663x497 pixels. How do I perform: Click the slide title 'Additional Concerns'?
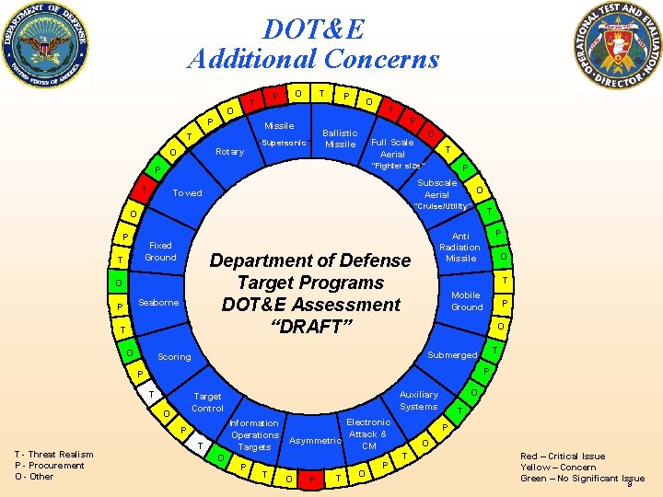coord(313,60)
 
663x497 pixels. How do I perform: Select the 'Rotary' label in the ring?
coord(228,152)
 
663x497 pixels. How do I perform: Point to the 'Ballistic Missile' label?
coord(341,138)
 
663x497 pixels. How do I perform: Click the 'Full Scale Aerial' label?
coord(392,148)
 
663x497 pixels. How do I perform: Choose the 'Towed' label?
coord(187,193)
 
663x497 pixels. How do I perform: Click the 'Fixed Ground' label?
coord(160,251)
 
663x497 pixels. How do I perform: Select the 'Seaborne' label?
coord(157,303)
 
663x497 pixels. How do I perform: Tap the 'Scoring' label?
coord(174,356)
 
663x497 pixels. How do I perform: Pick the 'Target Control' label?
coord(207,401)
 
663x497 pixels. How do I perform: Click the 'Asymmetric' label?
coord(315,441)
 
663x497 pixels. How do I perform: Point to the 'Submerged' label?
coord(453,355)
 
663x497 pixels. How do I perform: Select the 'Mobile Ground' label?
coord(467,301)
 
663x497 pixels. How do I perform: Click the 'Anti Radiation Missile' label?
coord(459,247)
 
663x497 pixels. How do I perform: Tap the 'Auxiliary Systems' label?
coord(419,400)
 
